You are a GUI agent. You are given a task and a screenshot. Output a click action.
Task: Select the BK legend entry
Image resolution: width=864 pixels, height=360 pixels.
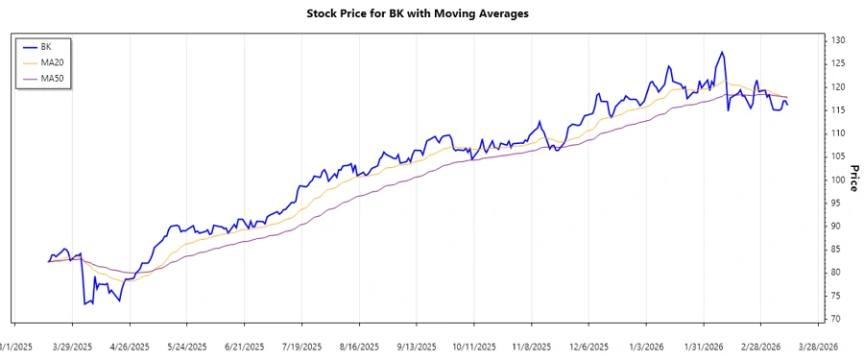coord(45,46)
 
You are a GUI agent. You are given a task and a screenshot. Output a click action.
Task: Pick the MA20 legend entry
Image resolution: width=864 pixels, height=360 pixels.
coord(52,62)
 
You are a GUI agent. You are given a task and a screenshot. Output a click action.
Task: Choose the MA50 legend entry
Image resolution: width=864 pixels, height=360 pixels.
coord(52,78)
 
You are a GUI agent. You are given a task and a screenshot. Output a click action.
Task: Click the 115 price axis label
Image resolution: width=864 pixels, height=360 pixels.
coord(837,109)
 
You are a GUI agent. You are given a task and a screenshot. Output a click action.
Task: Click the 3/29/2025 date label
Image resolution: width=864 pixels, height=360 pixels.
coord(73,347)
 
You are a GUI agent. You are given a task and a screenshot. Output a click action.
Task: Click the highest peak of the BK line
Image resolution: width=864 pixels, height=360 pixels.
coord(721,52)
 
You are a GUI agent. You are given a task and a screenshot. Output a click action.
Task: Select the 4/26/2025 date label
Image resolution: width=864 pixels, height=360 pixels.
coord(130,347)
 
